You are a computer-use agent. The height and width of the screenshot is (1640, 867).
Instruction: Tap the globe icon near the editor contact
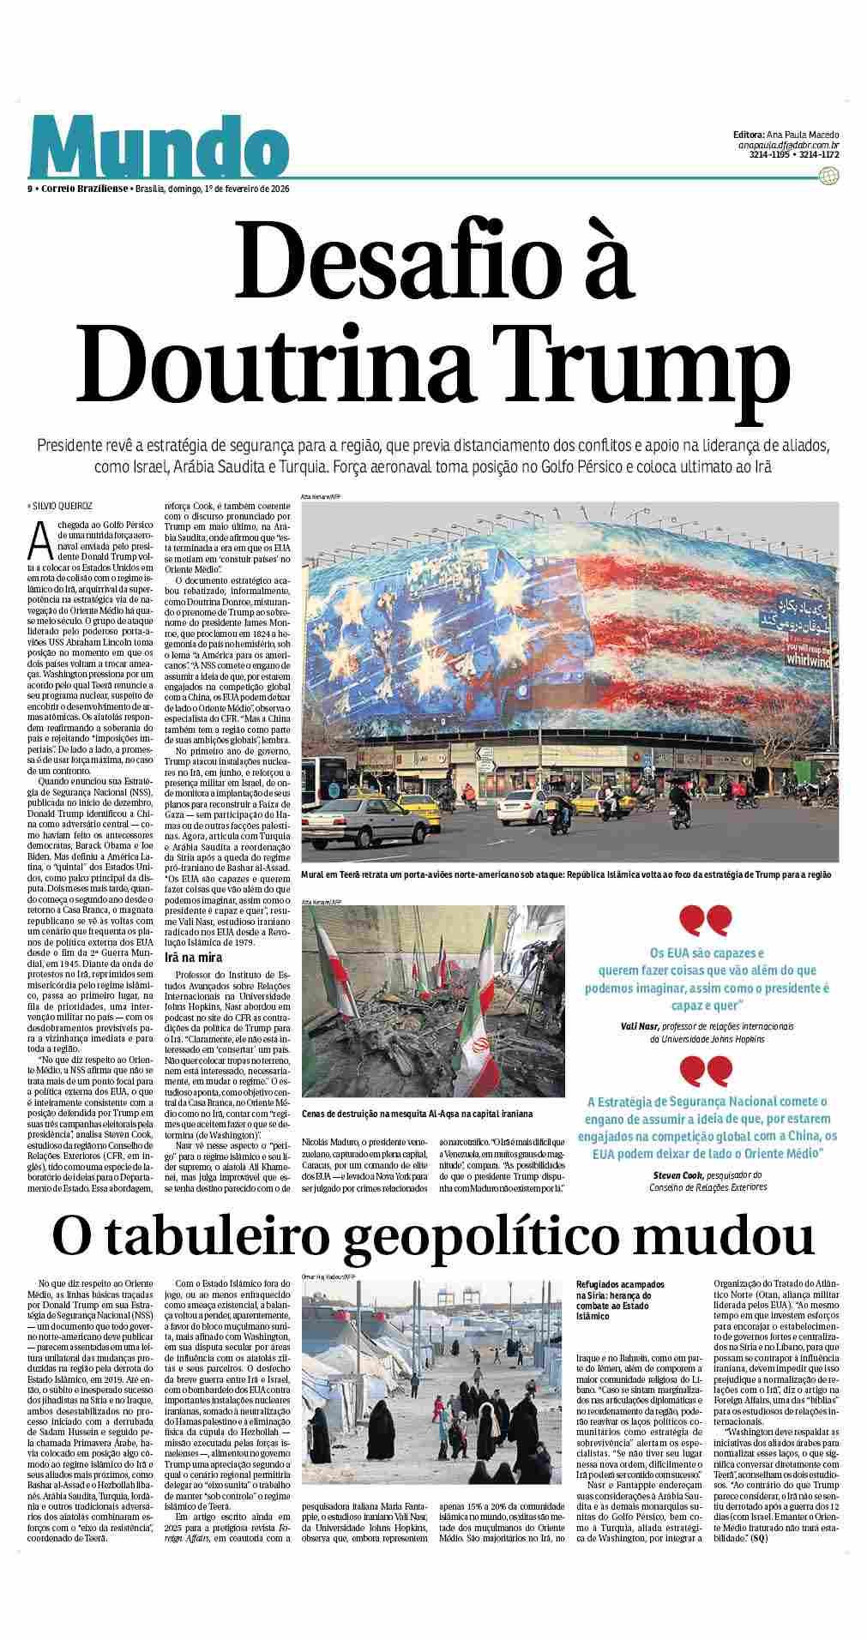[828, 176]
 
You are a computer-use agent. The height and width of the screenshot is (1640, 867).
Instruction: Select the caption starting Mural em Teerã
[566, 875]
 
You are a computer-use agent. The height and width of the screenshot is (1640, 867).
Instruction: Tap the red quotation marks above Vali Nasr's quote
[707, 922]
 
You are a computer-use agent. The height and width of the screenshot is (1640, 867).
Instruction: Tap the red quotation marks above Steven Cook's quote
[707, 1072]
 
